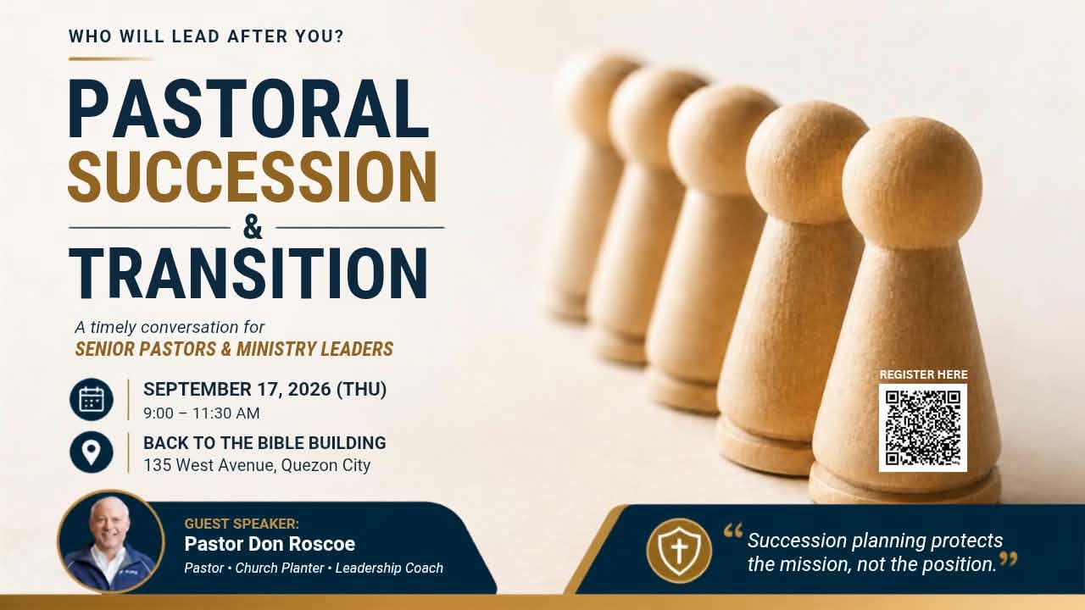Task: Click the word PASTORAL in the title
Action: pyautogui.click(x=248, y=108)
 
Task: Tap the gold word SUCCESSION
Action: pyautogui.click(x=253, y=177)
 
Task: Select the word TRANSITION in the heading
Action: pyautogui.click(x=248, y=273)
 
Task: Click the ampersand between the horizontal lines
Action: pyautogui.click(x=253, y=228)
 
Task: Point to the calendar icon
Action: pyautogui.click(x=92, y=399)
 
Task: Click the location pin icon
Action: pyautogui.click(x=92, y=452)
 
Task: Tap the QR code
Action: pyautogui.click(x=923, y=428)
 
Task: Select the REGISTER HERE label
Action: pyautogui.click(x=923, y=374)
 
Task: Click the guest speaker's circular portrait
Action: pyautogui.click(x=111, y=541)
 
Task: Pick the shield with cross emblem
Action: pyautogui.click(x=679, y=551)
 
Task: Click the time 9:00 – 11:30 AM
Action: pyautogui.click(x=202, y=413)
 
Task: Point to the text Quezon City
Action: pyautogui.click(x=325, y=465)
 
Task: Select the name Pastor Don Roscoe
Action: pyautogui.click(x=270, y=544)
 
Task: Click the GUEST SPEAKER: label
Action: pyautogui.click(x=242, y=524)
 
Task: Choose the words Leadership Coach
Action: pyautogui.click(x=389, y=568)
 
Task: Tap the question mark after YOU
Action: pyautogui.click(x=338, y=36)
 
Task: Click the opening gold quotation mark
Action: pyautogui.click(x=733, y=531)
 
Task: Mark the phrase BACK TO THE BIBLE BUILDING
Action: pyautogui.click(x=264, y=443)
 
